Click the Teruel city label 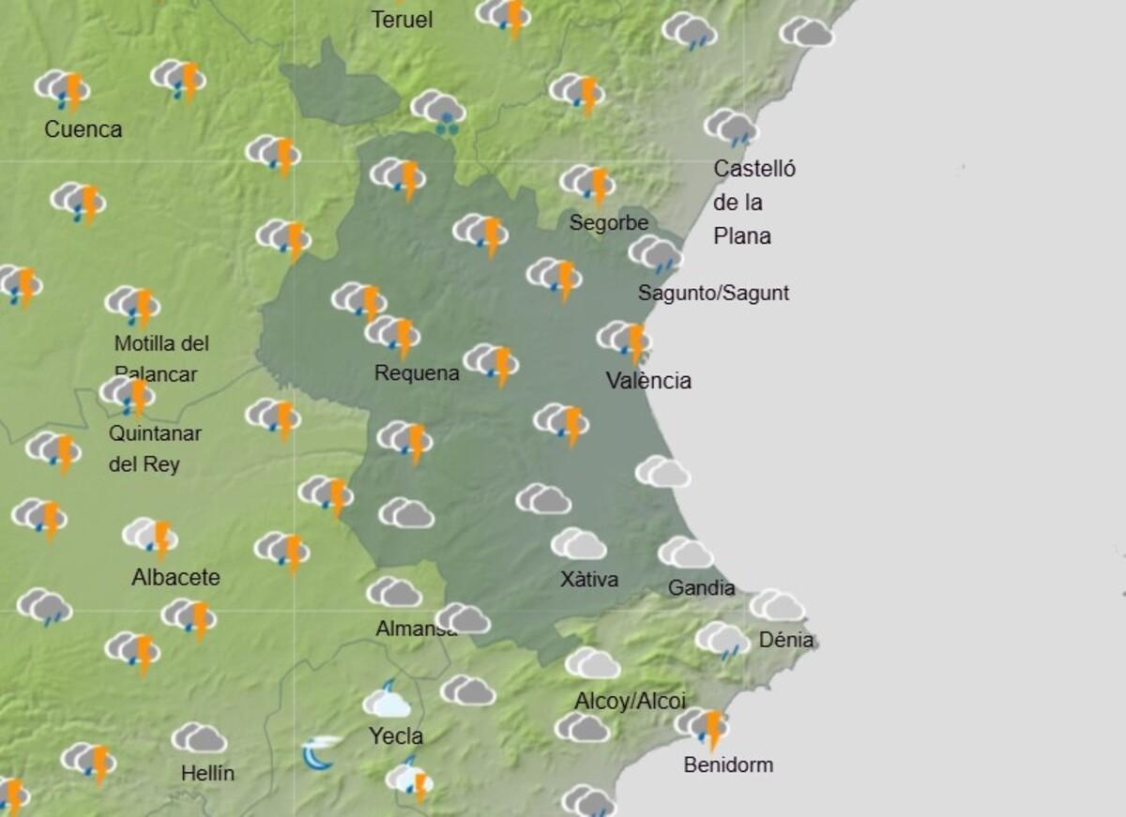point(402,20)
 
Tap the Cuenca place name point(84,129)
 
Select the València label point(648,381)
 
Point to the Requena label point(417,373)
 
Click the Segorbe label point(609,223)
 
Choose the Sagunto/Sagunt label point(713,294)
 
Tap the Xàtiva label point(589,580)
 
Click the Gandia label point(701,588)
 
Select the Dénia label point(786,641)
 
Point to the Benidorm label point(728,765)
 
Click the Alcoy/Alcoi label point(630,702)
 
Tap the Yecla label point(396,737)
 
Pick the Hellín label point(207,774)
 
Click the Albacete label point(175,578)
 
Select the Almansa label point(416,629)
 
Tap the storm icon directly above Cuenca point(63,89)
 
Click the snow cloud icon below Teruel point(438,110)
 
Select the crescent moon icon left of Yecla point(319,752)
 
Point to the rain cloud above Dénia point(722,640)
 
